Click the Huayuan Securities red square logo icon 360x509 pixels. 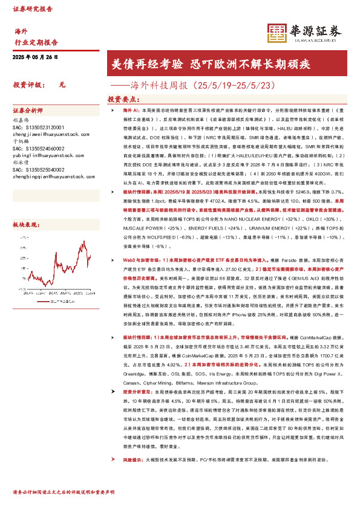coord(277,33)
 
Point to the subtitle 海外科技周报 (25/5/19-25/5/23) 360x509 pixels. coord(200,85)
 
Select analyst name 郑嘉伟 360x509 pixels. coord(21,120)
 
